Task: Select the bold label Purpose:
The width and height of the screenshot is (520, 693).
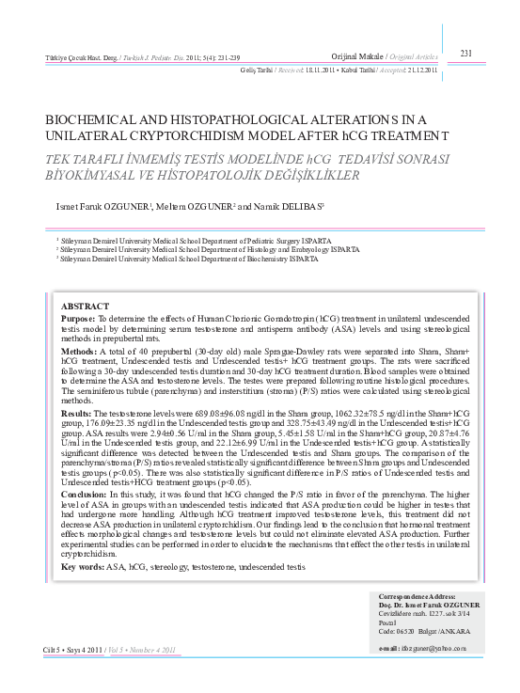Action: tap(78, 320)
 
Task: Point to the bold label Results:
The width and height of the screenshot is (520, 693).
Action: tap(77, 413)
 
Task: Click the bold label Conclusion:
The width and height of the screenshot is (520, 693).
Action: tap(85, 494)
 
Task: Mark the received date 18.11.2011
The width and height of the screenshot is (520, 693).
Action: tap(323, 71)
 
